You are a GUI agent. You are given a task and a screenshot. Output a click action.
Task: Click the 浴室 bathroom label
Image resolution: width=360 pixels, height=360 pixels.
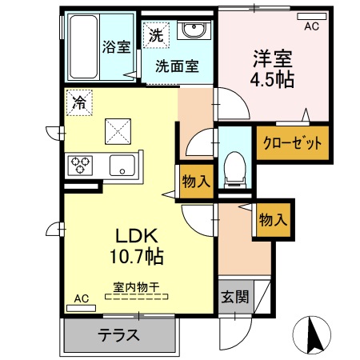coord(116,46)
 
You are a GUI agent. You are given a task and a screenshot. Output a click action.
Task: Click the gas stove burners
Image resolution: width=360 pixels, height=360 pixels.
coord(81,166)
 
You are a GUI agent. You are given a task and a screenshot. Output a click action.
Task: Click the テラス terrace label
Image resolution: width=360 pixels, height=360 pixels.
coord(118,335)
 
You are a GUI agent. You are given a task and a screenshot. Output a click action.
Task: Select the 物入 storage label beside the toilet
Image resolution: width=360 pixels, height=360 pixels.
coord(196,181)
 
